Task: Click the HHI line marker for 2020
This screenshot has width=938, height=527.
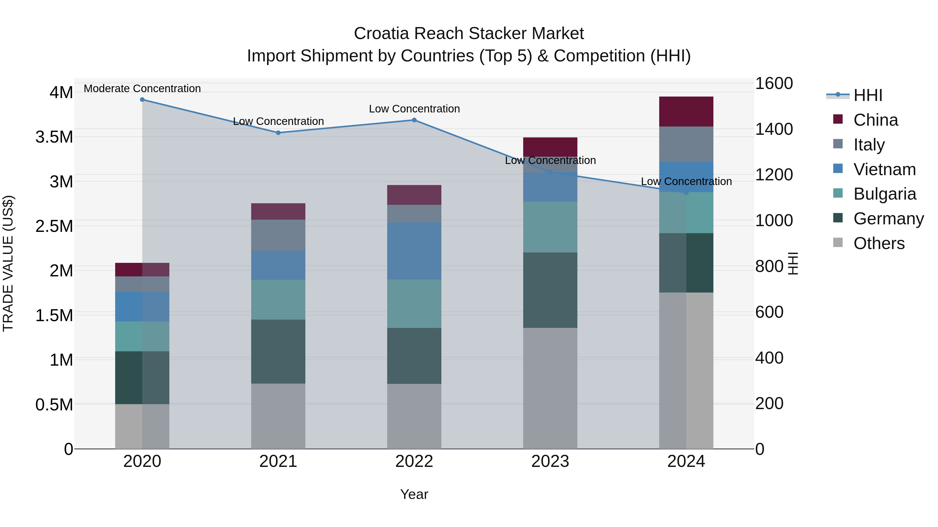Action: (x=142, y=100)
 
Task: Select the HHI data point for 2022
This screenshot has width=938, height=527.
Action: (x=414, y=120)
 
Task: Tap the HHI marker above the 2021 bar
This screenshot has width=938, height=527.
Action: (x=278, y=133)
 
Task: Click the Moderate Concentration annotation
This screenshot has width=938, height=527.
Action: (x=142, y=88)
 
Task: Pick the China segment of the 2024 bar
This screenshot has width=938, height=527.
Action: (x=686, y=112)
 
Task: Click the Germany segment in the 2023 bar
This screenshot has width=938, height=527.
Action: (x=550, y=290)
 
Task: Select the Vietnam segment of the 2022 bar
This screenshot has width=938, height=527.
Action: (x=414, y=251)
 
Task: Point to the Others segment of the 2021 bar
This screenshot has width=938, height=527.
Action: (x=278, y=416)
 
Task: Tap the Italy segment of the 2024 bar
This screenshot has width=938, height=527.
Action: (x=686, y=144)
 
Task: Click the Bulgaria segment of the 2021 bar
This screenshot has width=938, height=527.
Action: (x=278, y=300)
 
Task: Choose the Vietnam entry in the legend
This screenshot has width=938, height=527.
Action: (x=884, y=169)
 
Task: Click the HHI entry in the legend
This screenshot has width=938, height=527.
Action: (x=868, y=95)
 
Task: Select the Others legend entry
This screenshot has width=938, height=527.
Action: (x=879, y=243)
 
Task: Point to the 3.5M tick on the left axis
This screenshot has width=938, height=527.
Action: (x=54, y=137)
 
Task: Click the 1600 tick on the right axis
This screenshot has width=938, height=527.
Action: (x=774, y=83)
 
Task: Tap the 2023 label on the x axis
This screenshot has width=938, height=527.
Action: (x=550, y=461)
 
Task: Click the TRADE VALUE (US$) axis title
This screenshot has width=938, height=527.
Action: (x=8, y=263)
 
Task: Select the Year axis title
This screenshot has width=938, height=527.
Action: (x=414, y=494)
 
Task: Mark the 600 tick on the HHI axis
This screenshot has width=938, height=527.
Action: (x=769, y=312)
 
